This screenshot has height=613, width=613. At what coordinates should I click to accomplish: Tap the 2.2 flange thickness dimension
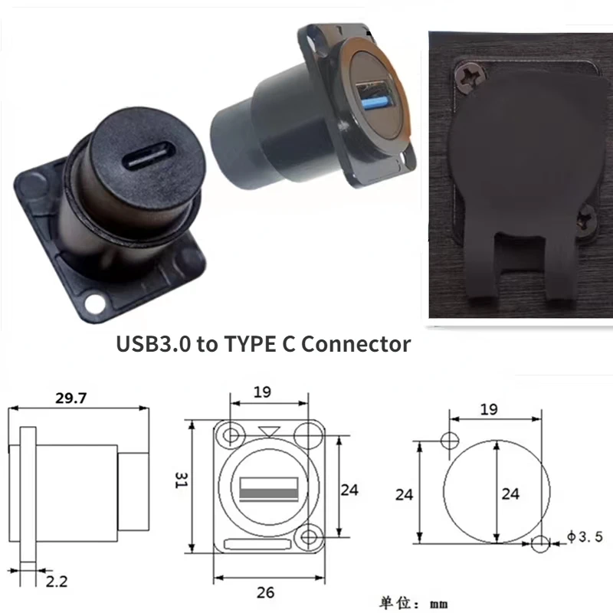pos(57,582)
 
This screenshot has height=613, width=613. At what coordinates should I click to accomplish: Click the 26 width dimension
pos(266,592)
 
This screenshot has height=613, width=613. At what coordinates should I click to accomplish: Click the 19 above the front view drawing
pos(262,392)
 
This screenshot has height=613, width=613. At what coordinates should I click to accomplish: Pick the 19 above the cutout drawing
pos(489,409)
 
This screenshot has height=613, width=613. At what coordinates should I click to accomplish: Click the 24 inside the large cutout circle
pos(510,494)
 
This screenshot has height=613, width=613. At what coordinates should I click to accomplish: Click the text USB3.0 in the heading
pos(152,344)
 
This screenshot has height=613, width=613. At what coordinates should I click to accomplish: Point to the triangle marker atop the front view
pos(267,431)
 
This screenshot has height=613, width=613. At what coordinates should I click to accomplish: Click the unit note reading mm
pos(438,603)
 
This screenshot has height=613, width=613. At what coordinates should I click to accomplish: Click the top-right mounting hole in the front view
pos(310,434)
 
